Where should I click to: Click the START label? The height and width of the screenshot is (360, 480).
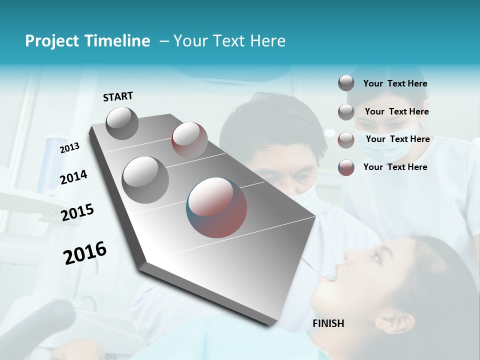pyautogui.click(x=118, y=96)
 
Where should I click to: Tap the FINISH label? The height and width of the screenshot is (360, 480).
pyautogui.click(x=328, y=323)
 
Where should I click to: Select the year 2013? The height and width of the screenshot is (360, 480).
pyautogui.click(x=69, y=148)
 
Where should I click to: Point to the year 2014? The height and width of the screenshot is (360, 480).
pyautogui.click(x=73, y=177)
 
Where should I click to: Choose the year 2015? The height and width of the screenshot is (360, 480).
pyautogui.click(x=77, y=212)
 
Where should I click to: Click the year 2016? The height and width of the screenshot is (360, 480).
pyautogui.click(x=85, y=253)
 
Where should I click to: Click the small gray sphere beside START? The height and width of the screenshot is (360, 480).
pyautogui.click(x=122, y=123)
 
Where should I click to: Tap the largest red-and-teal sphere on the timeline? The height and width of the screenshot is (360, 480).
pyautogui.click(x=216, y=207)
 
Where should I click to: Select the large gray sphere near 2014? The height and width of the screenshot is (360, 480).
pyautogui.click(x=145, y=179)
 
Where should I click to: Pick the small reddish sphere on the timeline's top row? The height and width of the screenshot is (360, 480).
pyautogui.click(x=189, y=140)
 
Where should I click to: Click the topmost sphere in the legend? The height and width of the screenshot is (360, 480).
pyautogui.click(x=346, y=83)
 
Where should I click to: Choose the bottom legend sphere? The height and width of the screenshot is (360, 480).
pyautogui.click(x=346, y=167)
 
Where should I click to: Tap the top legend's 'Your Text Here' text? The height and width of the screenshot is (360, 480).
pyautogui.click(x=395, y=83)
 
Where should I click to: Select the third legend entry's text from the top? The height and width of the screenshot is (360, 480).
pyautogui.click(x=397, y=139)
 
